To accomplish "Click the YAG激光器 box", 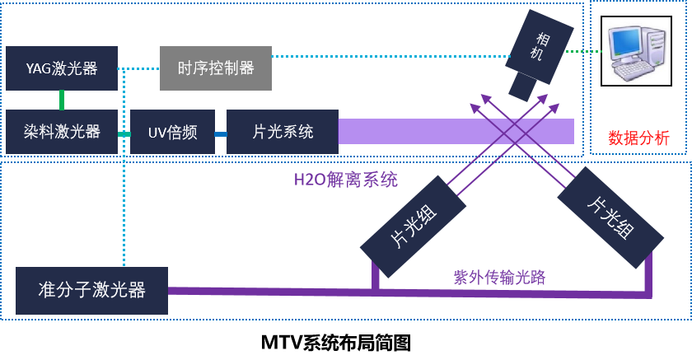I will (61, 68).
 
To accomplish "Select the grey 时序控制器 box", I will (215, 68).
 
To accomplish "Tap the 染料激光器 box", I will (61, 132).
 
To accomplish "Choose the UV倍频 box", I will (172, 132).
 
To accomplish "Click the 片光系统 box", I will (282, 132).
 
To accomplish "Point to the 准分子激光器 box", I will (91, 290).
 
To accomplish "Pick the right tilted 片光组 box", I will (610, 217).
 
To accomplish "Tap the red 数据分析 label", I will (638, 138).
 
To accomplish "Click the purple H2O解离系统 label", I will (346, 180).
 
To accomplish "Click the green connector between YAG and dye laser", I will (61, 100).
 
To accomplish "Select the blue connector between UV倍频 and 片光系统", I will (221, 133).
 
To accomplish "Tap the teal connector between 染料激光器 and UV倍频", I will (124, 133).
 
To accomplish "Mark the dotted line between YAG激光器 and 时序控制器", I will (138, 68).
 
